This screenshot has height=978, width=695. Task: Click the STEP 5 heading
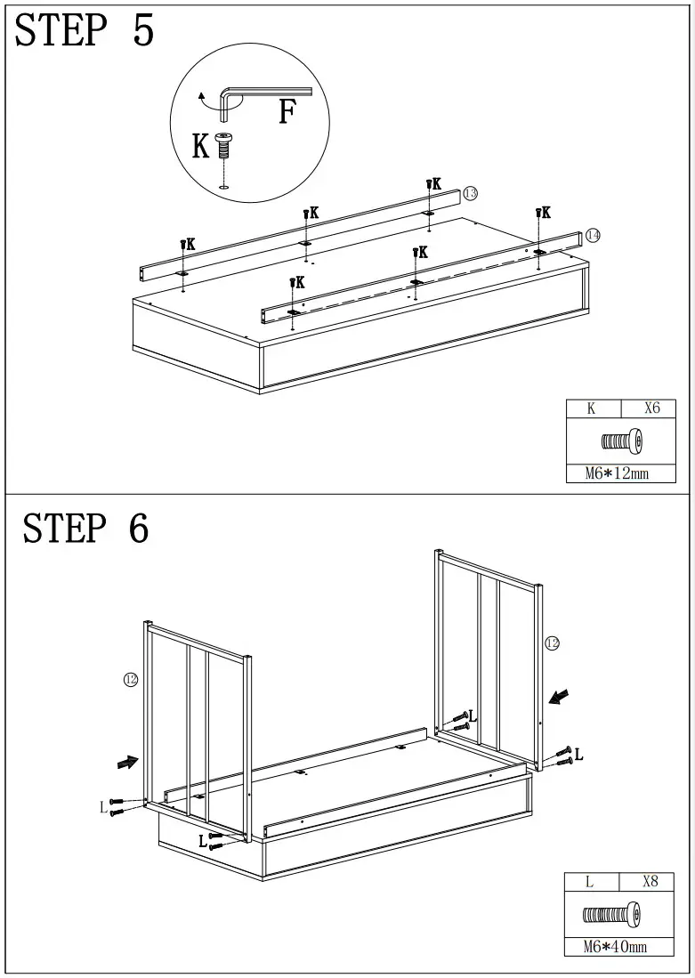(x=85, y=31)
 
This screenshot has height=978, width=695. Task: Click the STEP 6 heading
(x=85, y=528)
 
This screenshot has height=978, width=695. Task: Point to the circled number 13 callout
(x=471, y=193)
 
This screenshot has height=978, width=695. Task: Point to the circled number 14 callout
(x=593, y=235)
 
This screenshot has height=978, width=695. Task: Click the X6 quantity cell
(x=653, y=409)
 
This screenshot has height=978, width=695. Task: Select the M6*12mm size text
(x=617, y=473)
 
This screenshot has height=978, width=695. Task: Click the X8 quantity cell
(x=650, y=882)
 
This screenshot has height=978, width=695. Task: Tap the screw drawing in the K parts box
(x=621, y=441)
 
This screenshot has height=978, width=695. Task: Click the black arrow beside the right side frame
(x=560, y=695)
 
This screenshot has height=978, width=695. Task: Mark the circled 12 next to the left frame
(x=130, y=680)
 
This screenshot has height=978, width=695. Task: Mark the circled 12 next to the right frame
(x=552, y=643)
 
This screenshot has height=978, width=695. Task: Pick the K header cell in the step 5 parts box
(x=591, y=409)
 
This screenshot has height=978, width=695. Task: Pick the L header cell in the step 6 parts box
(x=589, y=882)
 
